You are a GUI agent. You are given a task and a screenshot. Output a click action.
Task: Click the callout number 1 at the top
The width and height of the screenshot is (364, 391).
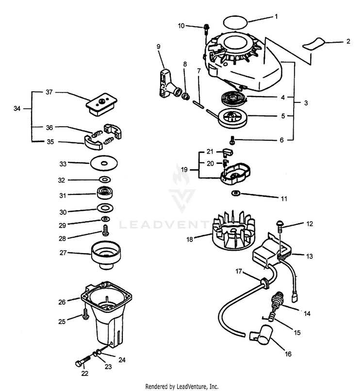coord(276,16)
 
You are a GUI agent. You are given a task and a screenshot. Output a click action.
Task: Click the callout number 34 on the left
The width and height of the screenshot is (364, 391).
coord(17,109)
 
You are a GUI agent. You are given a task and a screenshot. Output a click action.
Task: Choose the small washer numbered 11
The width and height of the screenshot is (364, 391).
coord(236,194)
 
